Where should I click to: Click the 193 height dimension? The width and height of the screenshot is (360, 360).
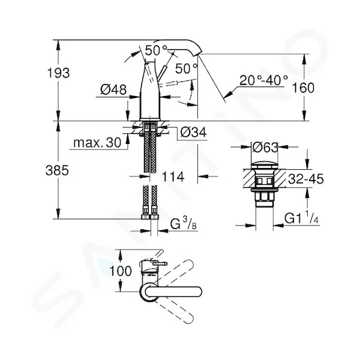(x=58, y=73)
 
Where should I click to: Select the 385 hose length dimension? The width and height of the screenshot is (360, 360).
(x=57, y=170)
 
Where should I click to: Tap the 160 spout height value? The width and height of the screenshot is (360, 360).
(x=303, y=88)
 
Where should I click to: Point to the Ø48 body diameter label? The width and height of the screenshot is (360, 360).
(x=113, y=89)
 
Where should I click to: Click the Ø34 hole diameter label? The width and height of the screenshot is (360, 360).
(x=194, y=132)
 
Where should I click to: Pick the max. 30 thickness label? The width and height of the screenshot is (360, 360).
(x=97, y=143)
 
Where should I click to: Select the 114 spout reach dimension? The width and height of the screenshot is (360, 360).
(x=173, y=176)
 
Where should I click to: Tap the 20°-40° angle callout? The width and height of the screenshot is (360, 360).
(x=263, y=80)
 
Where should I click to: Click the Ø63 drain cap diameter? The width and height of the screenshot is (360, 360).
(x=265, y=148)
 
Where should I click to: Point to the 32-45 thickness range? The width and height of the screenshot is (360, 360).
(x=306, y=179)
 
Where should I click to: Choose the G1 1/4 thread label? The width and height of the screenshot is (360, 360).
(x=301, y=218)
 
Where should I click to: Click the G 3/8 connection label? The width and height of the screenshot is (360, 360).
(x=184, y=224)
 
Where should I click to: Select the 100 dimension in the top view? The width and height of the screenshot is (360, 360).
(x=121, y=271)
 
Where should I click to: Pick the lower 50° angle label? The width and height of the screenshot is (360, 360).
(x=186, y=68)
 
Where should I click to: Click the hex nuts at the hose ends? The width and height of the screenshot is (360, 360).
(x=150, y=217)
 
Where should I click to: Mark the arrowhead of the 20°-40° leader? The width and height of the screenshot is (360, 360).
(x=229, y=93)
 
